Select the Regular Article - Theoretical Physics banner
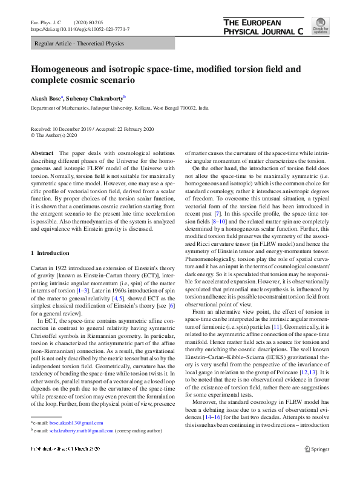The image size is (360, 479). coord(79,44)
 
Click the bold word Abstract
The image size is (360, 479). coord(42,154)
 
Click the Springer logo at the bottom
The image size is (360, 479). coord(316,466)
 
